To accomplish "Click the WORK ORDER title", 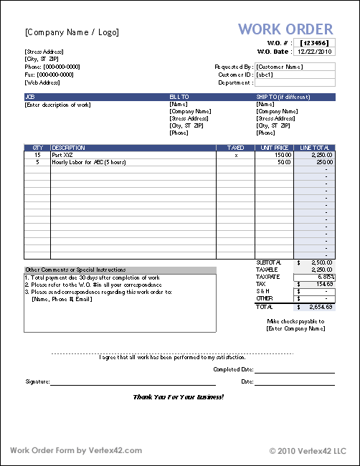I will click(x=285, y=29).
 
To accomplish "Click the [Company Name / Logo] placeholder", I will click(x=72, y=32).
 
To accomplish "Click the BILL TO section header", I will click(x=179, y=96).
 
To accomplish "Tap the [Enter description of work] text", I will click(x=58, y=105).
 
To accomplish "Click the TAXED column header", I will click(x=236, y=148).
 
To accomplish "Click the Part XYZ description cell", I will click(x=63, y=155).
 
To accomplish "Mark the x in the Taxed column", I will click(x=236, y=155).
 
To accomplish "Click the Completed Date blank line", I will click(x=295, y=369).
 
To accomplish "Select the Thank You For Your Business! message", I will click(x=179, y=396).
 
